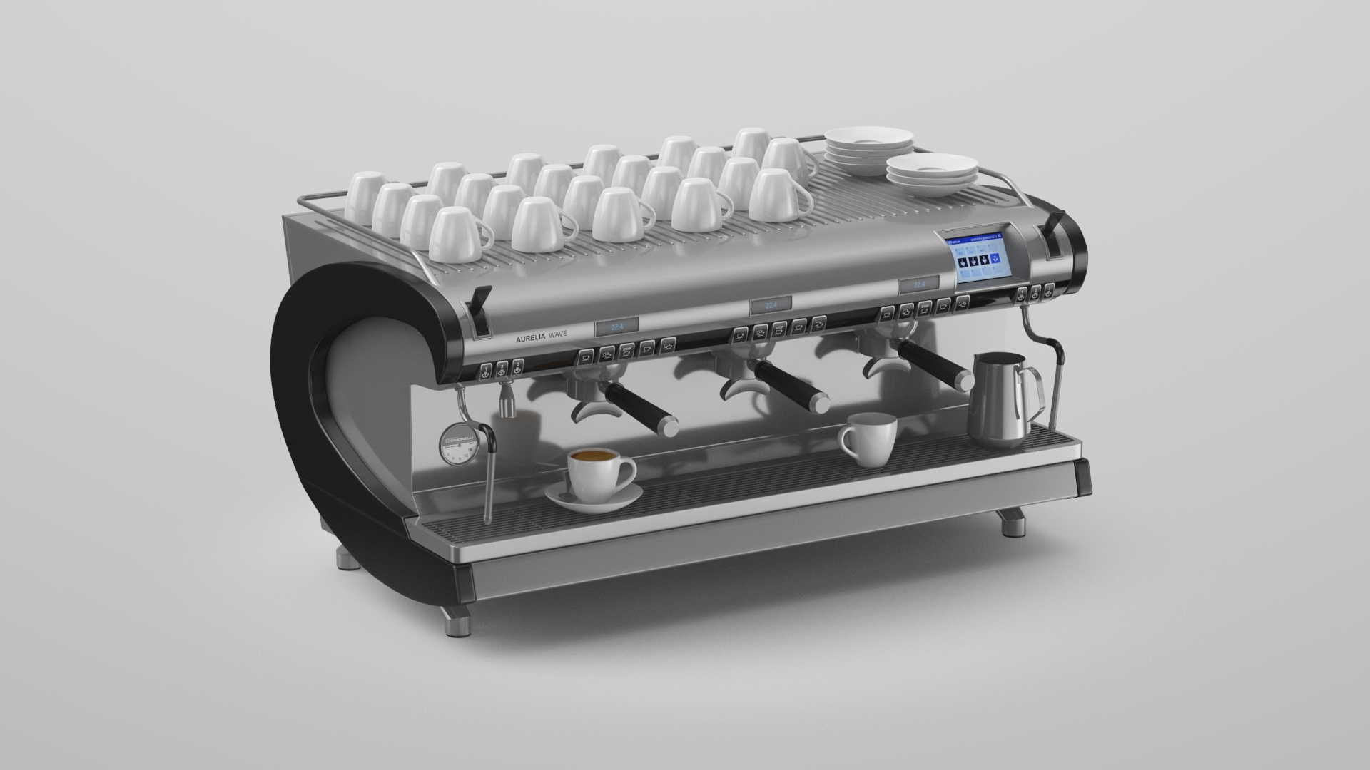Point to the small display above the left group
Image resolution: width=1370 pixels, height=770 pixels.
tap(616, 327)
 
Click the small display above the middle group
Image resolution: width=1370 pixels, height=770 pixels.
tap(770, 305)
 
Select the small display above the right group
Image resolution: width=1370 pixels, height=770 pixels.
tap(920, 284)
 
